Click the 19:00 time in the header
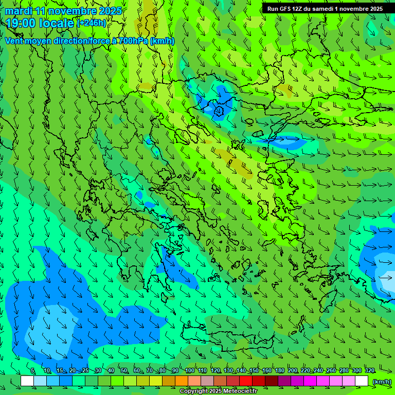[x=21, y=23]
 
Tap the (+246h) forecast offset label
[x=92, y=23]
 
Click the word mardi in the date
[x=19, y=11]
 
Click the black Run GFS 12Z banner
[x=325, y=9]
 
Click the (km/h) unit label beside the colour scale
[x=382, y=382]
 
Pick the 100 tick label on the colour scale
[x=190, y=371]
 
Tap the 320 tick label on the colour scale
[x=369, y=371]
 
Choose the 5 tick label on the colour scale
[x=32, y=371]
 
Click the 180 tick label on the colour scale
[x=279, y=371]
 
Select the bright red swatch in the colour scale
[x=246, y=381]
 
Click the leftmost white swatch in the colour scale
[x=27, y=381]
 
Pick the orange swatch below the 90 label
[x=182, y=381]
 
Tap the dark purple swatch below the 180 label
[x=284, y=381]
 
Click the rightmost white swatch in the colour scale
[x=362, y=381]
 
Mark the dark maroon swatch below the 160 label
[x=272, y=381]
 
